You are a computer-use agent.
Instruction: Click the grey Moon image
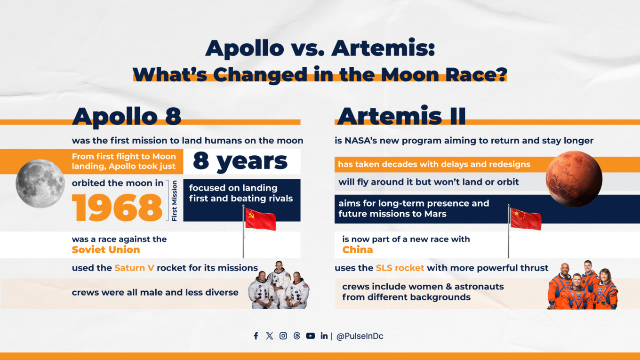[40, 184]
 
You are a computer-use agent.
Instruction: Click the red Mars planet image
[574, 178]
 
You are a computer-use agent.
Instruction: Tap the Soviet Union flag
[260, 219]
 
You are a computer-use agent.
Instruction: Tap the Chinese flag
[526, 219]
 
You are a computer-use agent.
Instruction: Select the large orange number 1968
[117, 207]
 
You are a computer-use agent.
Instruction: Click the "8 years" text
[240, 161]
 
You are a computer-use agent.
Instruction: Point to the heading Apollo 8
[127, 116]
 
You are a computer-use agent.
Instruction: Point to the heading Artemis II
[401, 116]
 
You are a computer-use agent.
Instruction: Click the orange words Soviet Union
[106, 250]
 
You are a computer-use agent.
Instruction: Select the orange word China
[358, 250]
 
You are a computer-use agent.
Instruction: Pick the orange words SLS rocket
[400, 268]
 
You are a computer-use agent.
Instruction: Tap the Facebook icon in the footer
[256, 336]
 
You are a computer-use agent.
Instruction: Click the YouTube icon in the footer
[311, 336]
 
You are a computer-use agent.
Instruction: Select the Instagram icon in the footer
[283, 336]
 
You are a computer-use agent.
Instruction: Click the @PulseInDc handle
[360, 336]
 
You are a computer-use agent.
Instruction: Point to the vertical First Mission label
[175, 200]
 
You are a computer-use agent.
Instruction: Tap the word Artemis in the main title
[384, 48]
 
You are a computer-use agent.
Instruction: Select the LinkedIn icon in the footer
[324, 336]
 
